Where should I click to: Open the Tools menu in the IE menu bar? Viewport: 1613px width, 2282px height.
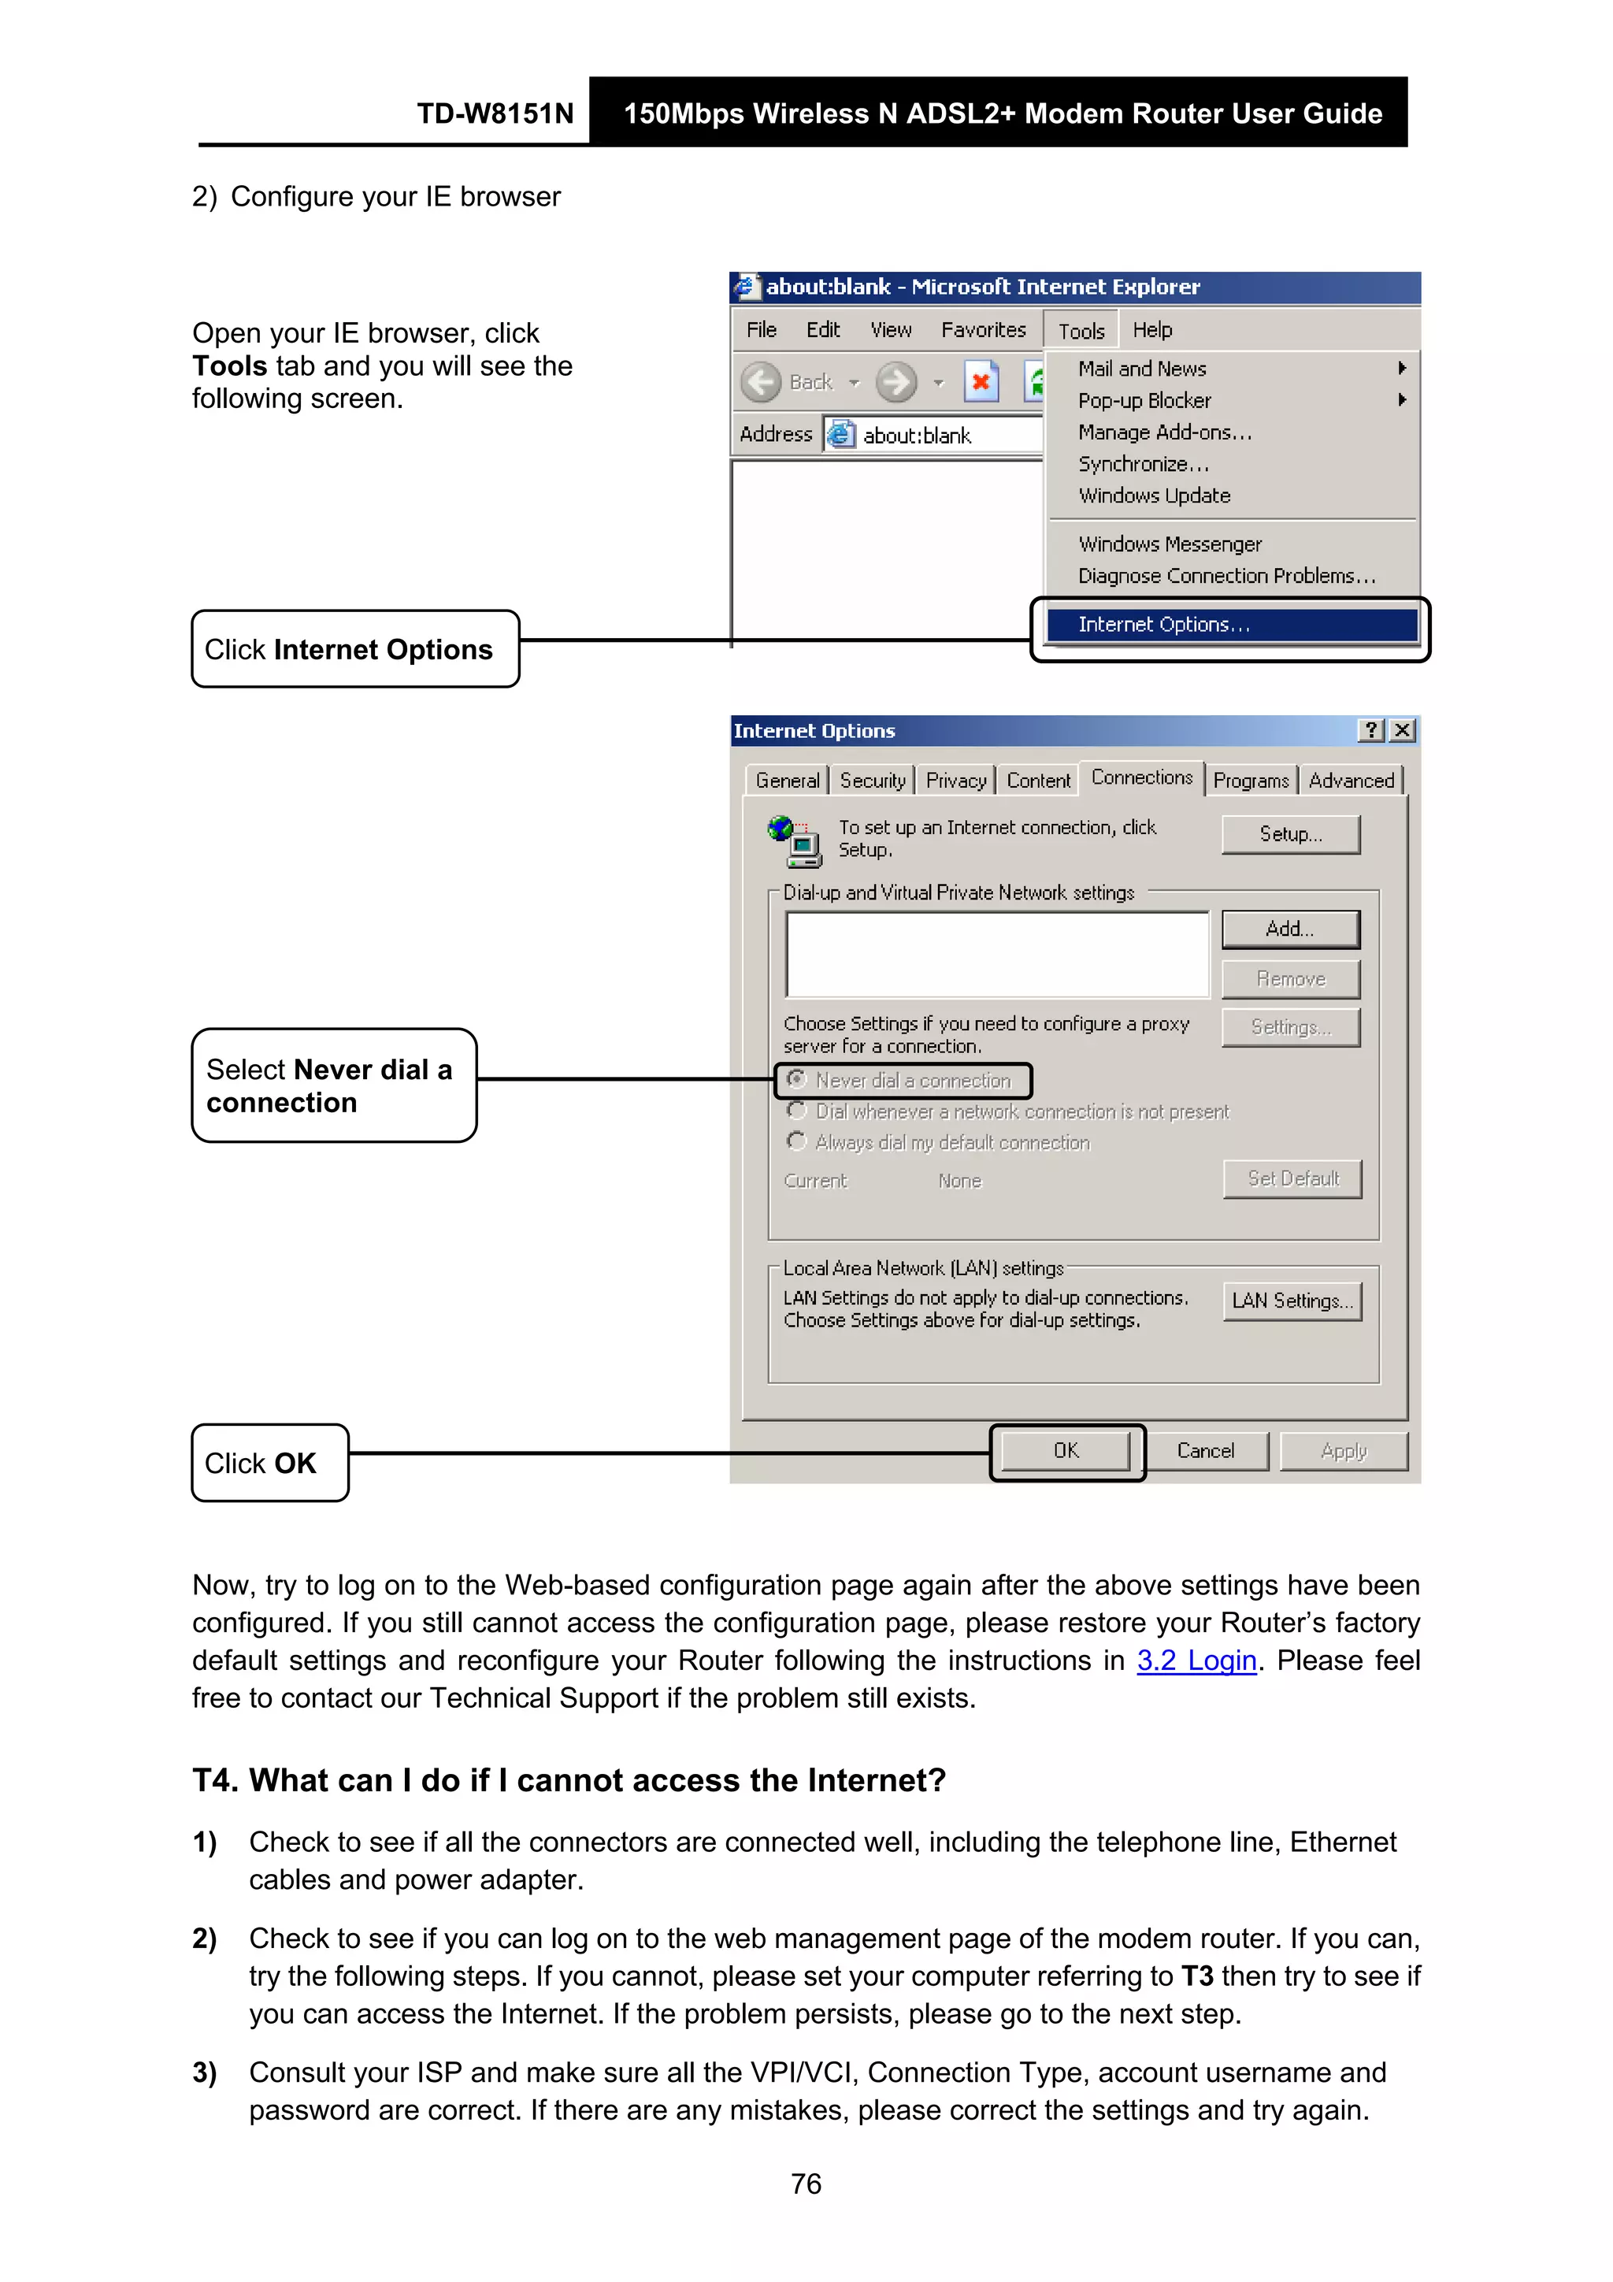(x=1081, y=331)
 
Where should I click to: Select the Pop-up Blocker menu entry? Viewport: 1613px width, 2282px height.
(x=1144, y=400)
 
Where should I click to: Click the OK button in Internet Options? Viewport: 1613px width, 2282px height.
(x=1066, y=1451)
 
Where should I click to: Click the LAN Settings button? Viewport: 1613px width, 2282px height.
(x=1291, y=1301)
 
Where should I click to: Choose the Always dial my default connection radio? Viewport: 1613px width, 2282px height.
(x=796, y=1142)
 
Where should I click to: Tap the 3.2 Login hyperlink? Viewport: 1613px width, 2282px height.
(x=1196, y=1660)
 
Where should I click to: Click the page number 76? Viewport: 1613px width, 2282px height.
(x=806, y=2184)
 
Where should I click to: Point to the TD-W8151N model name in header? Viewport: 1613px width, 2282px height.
(x=495, y=113)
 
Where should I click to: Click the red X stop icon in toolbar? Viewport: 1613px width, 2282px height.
(x=981, y=383)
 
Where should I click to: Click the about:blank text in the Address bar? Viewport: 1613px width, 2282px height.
(x=916, y=436)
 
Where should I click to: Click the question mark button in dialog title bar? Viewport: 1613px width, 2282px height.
(x=1371, y=730)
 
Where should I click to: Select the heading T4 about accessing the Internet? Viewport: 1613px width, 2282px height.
(x=569, y=1780)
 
